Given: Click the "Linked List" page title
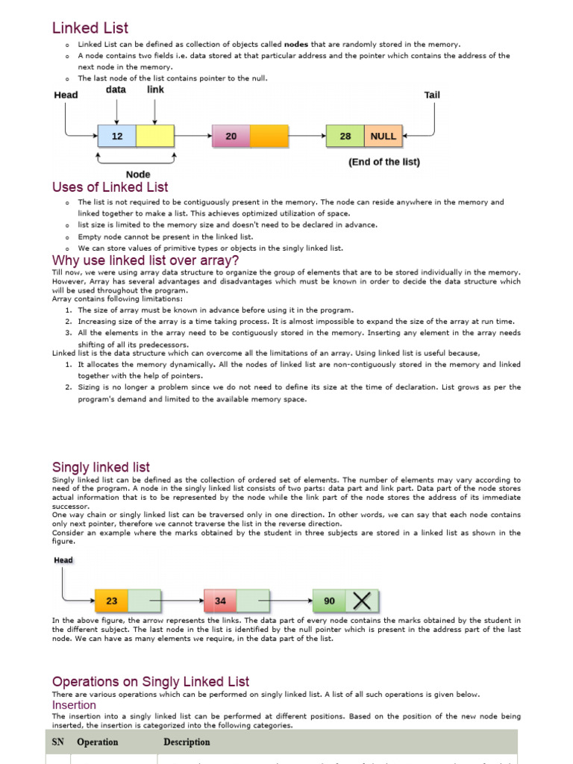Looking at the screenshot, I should [90, 28].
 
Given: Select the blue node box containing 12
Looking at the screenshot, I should [117, 137].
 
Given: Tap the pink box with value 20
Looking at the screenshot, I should [231, 137].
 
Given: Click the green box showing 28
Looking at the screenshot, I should [345, 137].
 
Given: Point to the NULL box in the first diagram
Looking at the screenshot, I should [383, 137].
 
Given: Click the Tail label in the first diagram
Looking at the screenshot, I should [432, 95].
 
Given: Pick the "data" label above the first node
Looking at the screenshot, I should [116, 90].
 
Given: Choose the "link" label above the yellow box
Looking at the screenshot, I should [155, 90].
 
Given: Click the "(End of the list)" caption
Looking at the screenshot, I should [384, 162].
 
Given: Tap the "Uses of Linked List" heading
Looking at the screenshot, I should [110, 187].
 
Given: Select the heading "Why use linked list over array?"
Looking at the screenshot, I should [145, 260].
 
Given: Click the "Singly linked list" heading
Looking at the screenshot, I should [101, 467].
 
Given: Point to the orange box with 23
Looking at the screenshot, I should [112, 601].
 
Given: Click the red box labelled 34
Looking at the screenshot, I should [220, 601].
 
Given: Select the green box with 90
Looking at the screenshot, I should [329, 601].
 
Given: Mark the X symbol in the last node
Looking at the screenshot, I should [362, 601].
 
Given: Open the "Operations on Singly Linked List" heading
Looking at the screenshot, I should [151, 682].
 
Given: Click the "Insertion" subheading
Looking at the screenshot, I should [74, 705].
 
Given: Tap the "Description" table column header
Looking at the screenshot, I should [187, 742].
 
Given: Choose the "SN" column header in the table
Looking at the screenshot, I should [57, 742].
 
